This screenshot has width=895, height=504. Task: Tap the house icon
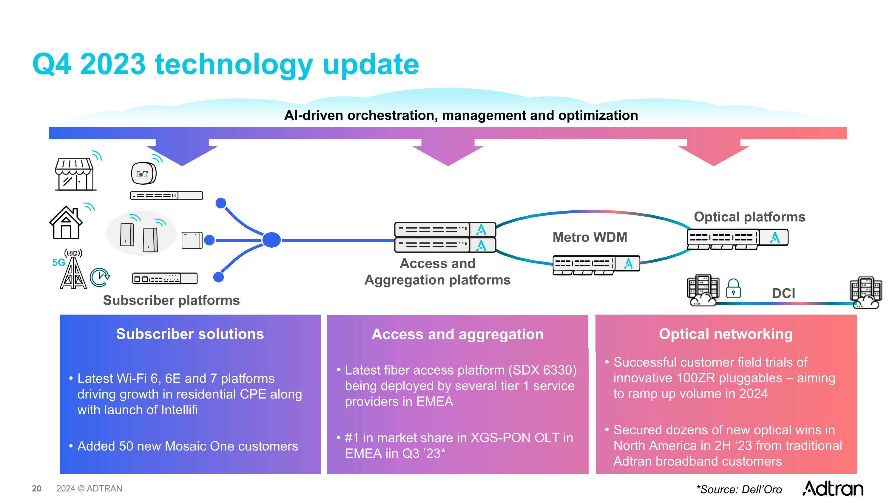[x=66, y=223]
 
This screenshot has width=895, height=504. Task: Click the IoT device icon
[x=143, y=173]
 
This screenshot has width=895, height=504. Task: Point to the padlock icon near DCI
[x=733, y=289]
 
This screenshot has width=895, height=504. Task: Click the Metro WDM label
[x=590, y=237]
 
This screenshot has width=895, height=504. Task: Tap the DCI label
[x=783, y=293]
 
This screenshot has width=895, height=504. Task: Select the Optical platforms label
[x=749, y=217]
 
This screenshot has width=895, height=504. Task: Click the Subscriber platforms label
[x=171, y=300]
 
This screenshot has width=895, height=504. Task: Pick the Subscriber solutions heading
[x=190, y=334]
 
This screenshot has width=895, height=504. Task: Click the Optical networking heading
[x=726, y=334]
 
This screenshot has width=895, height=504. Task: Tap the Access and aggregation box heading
[x=457, y=334]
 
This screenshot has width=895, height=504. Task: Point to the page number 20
[x=36, y=488]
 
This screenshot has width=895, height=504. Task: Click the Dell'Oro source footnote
[x=739, y=489]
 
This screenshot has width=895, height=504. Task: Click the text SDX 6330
[x=542, y=370]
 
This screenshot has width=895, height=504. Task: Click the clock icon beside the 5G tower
[x=100, y=277]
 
